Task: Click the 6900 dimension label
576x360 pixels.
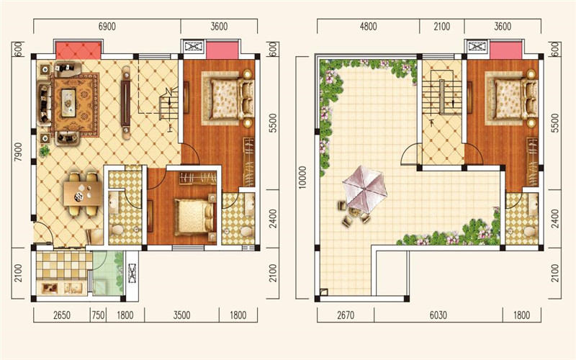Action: pyautogui.click(x=107, y=27)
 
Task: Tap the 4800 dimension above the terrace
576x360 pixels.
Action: pyautogui.click(x=368, y=27)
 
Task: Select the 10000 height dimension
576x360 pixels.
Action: pyautogui.click(x=302, y=177)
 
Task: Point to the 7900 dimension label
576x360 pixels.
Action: pyautogui.click(x=19, y=152)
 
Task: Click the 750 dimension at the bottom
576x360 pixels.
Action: pyautogui.click(x=98, y=315)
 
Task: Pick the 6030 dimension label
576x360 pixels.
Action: pyautogui.click(x=438, y=315)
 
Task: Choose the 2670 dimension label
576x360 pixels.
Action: pyautogui.click(x=346, y=315)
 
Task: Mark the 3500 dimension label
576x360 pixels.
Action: pyautogui.click(x=181, y=315)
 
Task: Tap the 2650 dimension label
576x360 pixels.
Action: pyautogui.click(x=62, y=315)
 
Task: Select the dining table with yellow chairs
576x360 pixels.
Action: pyautogui.click(x=83, y=194)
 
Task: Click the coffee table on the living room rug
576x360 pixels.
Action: pyautogui.click(x=68, y=103)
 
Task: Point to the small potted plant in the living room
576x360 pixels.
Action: pyautogui.click(x=45, y=150)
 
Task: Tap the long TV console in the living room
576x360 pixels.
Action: pyautogui.click(x=126, y=102)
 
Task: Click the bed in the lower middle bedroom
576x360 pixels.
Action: pyautogui.click(x=195, y=217)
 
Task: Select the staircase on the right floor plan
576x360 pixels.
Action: pyautogui.click(x=442, y=96)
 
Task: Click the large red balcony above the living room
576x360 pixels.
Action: pyautogui.click(x=78, y=50)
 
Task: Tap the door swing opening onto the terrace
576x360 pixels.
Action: pyautogui.click(x=409, y=154)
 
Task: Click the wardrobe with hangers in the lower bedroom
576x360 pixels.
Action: pyautogui.click(x=198, y=178)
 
